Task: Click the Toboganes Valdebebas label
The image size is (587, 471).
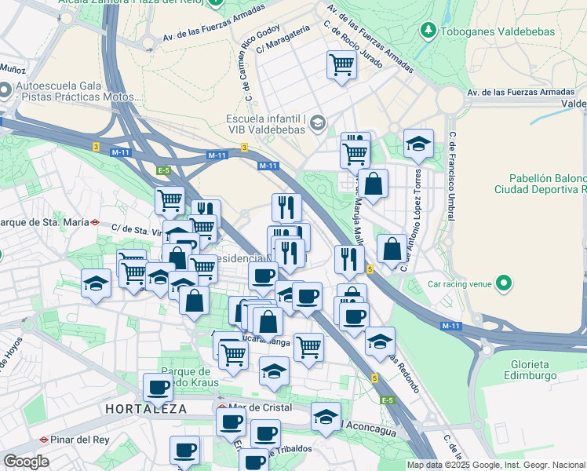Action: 498,31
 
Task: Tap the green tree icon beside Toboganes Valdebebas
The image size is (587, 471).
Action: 428,31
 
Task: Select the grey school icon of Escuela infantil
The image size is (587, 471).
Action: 317,122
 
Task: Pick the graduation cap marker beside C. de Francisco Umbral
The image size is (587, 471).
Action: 419,144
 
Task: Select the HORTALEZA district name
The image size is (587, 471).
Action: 146,409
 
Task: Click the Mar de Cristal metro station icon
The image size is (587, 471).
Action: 222,408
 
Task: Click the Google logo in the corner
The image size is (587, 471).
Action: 26,462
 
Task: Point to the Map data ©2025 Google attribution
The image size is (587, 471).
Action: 496,465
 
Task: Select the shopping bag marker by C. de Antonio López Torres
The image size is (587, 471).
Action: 392,249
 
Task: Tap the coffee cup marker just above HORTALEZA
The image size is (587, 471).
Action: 158,387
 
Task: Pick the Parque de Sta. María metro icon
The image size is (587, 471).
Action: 95,222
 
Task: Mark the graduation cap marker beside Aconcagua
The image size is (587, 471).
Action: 326,417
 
